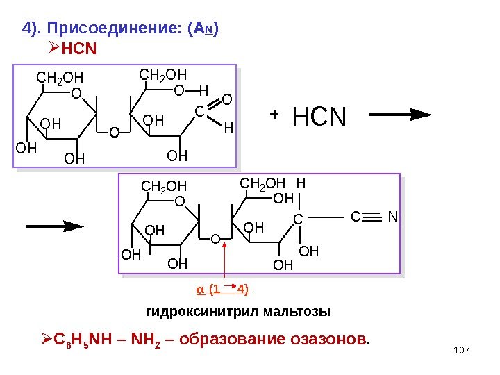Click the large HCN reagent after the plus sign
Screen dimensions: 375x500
coord(319,117)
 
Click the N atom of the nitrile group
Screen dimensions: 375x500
coord(392,217)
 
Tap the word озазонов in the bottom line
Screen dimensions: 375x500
coord(335,340)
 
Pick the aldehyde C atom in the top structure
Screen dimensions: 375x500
coord(198,111)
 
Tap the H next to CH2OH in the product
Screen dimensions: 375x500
coord(300,184)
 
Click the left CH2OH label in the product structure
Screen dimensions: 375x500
coord(164,186)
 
